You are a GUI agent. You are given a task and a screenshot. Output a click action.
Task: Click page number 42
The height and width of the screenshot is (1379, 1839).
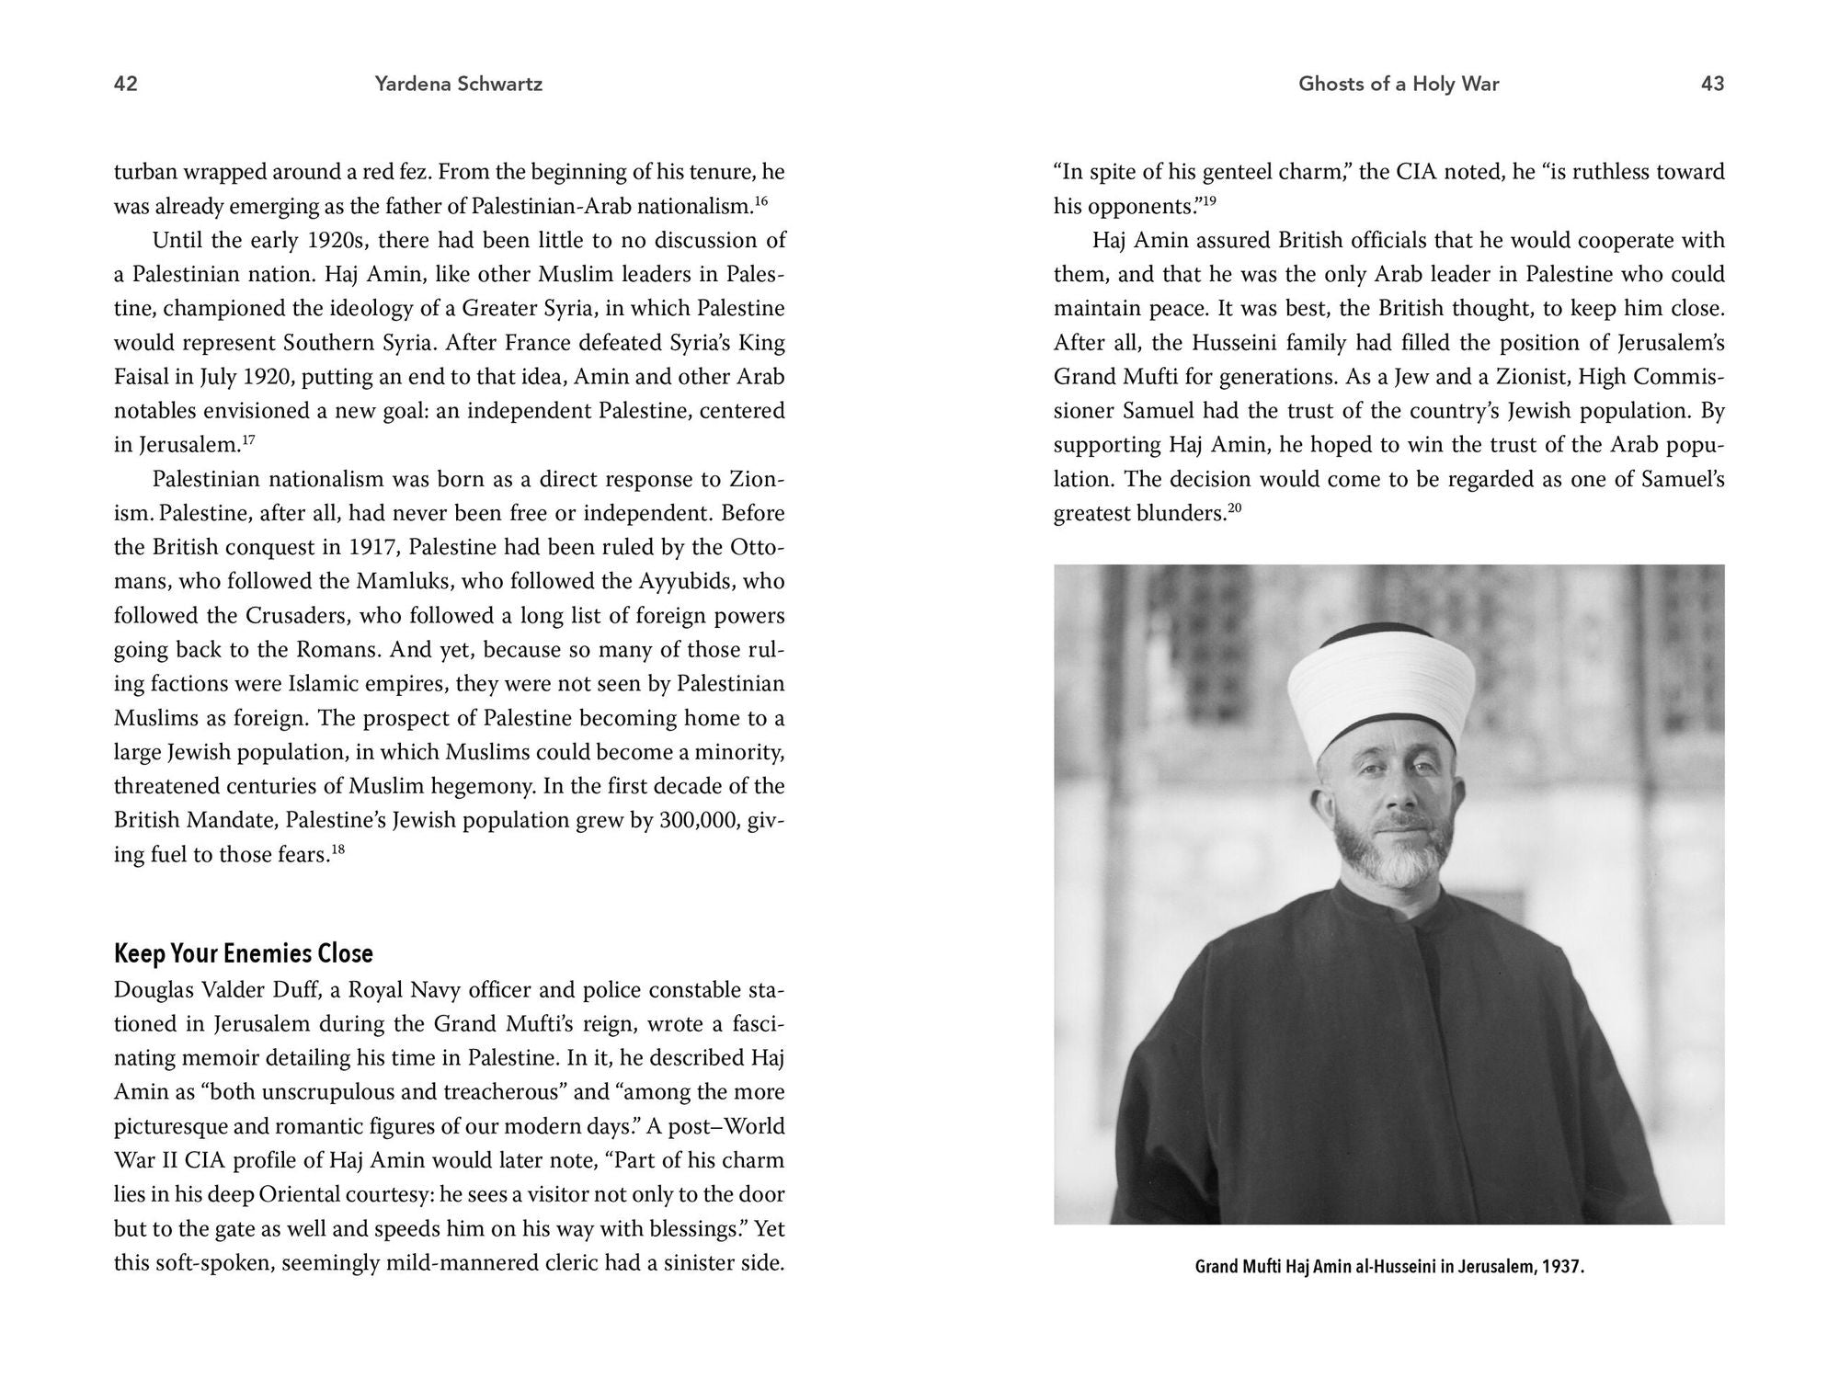(125, 84)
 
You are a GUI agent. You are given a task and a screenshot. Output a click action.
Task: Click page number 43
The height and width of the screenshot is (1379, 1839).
(1712, 84)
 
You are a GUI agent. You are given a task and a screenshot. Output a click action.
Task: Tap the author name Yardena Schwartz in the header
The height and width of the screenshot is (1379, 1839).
(458, 84)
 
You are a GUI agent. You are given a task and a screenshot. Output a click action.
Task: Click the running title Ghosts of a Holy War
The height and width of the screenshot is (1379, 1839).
(1398, 84)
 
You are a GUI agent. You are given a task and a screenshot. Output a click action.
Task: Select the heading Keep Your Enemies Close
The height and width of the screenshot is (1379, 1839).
(243, 953)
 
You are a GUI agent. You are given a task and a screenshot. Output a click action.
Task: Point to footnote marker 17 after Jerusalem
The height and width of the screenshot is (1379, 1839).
(247, 439)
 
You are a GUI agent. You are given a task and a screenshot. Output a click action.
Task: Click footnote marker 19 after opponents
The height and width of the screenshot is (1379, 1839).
(1209, 200)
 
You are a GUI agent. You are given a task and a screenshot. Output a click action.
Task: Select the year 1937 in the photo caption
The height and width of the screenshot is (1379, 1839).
(1561, 1267)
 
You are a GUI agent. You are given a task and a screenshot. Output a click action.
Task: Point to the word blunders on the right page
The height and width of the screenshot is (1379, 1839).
(1179, 514)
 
